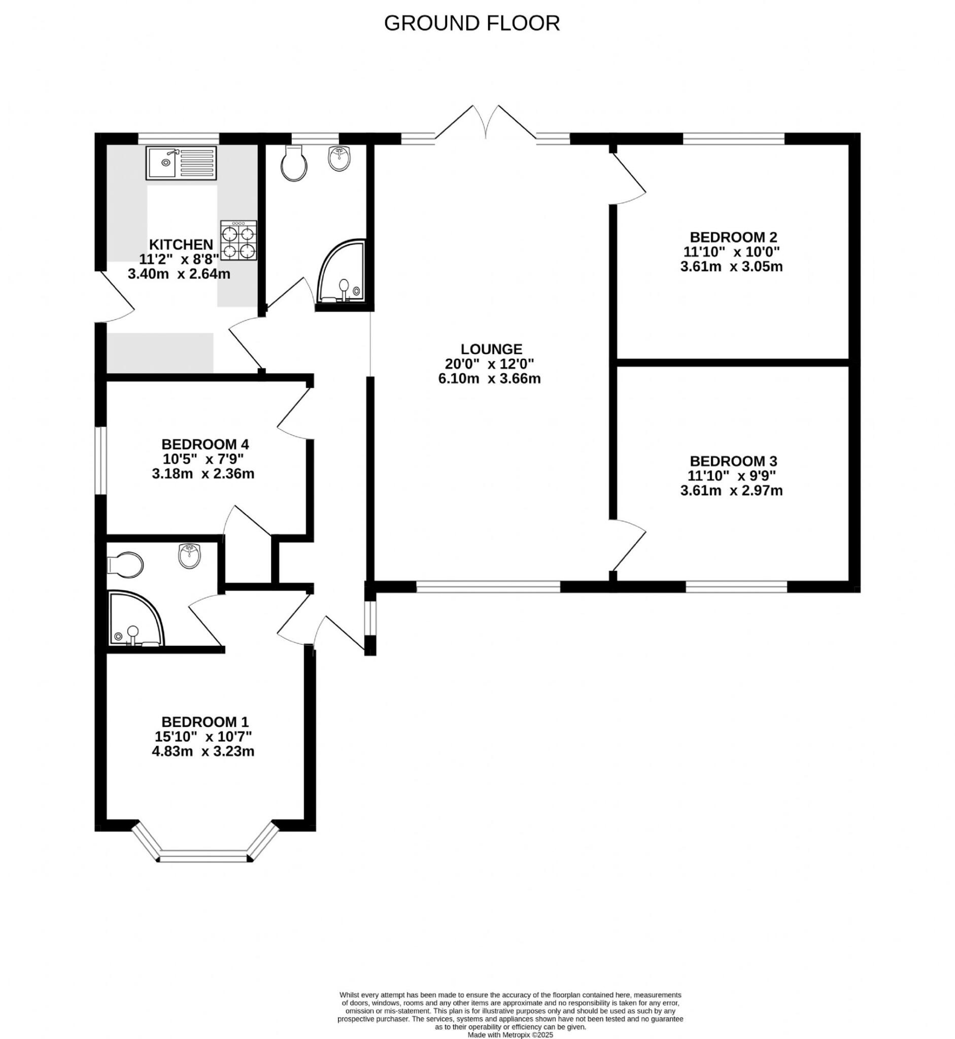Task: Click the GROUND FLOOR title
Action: [x=471, y=23]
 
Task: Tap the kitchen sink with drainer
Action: [x=181, y=163]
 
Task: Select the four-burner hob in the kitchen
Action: [x=238, y=240]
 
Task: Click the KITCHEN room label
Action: [x=181, y=245]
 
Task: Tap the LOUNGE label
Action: [x=491, y=349]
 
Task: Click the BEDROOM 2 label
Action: [x=733, y=237]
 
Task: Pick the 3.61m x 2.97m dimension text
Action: [x=731, y=491]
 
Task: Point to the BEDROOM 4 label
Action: [x=205, y=444]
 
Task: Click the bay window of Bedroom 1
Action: [x=204, y=857]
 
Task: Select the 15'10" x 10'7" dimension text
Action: [x=203, y=736]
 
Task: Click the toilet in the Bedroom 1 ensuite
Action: [x=124, y=565]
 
